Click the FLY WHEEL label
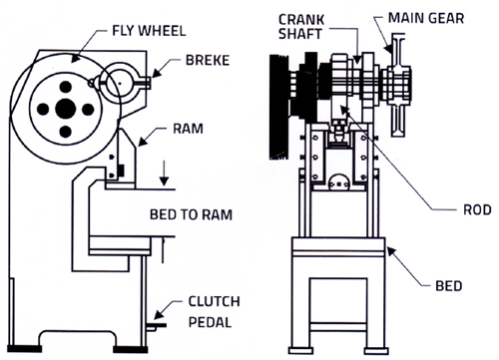pos(149,31)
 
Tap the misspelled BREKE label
pos(208,60)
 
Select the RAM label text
pos(188,129)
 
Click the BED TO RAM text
pos(191,214)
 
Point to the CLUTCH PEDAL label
pos(214,312)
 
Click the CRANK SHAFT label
pos(301,27)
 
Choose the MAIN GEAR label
pos(426,18)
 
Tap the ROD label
pos(477,209)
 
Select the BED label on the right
pos(449,286)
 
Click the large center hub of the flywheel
pos(66,109)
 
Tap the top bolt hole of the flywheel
pos(66,87)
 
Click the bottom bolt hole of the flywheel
pos(66,132)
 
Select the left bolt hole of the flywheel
pos(43,109)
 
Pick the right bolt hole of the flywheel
pos(88,109)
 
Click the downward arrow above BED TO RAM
pos(164,173)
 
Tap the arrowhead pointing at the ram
pos(142,142)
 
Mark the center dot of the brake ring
pos(120,83)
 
